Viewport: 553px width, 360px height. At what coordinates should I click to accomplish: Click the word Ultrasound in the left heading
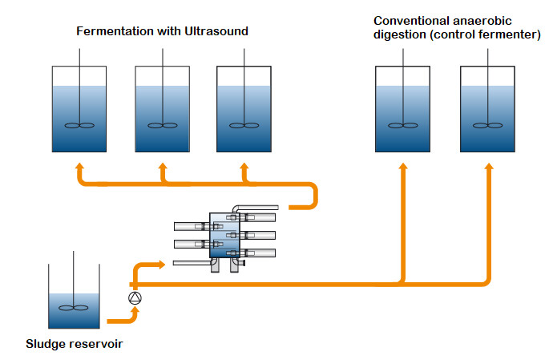[216, 31]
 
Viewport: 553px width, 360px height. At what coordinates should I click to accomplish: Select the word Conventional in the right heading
[411, 21]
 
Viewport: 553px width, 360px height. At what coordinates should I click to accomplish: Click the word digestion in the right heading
[400, 35]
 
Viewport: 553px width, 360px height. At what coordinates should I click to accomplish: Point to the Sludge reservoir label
[75, 344]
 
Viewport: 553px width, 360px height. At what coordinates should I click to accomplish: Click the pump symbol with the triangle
[135, 298]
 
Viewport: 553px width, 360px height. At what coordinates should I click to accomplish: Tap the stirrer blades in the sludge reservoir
[74, 308]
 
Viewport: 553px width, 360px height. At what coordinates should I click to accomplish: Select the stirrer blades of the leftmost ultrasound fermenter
[79, 125]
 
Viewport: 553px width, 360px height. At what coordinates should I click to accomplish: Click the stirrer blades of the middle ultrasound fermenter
[163, 125]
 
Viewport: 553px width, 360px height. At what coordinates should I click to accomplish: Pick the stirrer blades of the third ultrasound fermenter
[244, 125]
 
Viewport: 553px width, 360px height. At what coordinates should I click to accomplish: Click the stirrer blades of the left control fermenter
[403, 125]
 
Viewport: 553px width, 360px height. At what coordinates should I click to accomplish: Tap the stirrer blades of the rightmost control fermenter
[488, 125]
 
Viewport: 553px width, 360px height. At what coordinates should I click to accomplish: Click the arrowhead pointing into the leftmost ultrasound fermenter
[79, 167]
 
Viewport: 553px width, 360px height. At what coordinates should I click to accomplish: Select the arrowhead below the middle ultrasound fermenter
[163, 167]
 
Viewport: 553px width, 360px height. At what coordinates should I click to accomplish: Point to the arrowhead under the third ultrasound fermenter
[244, 167]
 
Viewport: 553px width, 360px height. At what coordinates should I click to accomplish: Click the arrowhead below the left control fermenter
[403, 167]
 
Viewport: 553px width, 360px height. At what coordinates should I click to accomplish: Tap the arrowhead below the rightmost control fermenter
[488, 167]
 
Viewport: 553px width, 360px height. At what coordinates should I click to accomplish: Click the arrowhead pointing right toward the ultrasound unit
[162, 265]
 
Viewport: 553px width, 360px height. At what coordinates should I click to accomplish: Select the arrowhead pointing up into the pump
[135, 310]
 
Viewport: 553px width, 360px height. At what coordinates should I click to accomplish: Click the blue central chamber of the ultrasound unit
[224, 235]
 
